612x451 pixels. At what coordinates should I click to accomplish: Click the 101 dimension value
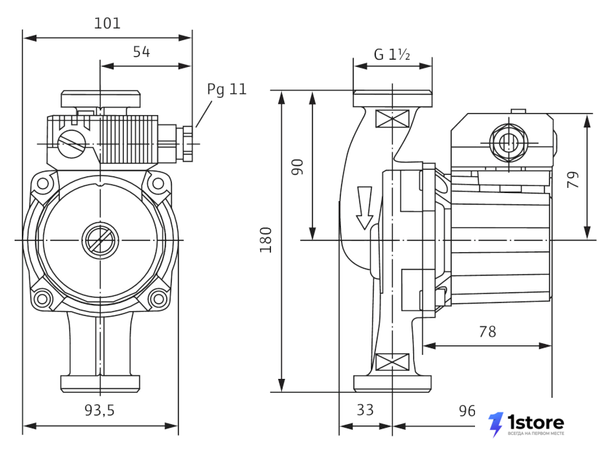pos(107,23)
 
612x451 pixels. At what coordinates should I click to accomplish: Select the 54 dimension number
pos(141,52)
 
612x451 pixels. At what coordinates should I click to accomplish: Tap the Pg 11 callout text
pos(227,90)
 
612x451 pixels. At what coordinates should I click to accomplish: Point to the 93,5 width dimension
pos(100,410)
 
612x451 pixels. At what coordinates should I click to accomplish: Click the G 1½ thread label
pos(392,54)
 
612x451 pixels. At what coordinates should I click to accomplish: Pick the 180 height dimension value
pos(266,240)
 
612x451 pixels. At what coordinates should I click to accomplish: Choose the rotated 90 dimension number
pos(297,167)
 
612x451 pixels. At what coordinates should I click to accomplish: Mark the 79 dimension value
pos(573,180)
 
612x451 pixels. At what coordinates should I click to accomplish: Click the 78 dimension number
pos(487,332)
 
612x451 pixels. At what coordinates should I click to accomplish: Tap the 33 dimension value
pos(365,410)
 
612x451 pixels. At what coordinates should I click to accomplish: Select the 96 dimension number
pos(467,411)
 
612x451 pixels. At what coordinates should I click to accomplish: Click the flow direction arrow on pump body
pos(364,208)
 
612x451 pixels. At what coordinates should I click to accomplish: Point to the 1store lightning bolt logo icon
pos(495,424)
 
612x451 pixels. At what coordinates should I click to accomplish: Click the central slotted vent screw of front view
pos(101,240)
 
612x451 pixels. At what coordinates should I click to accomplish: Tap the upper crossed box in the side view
pos(392,119)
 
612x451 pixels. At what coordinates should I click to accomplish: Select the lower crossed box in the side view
pos(392,362)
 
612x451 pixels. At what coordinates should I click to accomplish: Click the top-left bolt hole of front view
pos(42,183)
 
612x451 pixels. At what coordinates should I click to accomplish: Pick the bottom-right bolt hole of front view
pos(158,299)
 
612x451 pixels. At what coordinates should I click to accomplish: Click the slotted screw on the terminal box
pos(71,144)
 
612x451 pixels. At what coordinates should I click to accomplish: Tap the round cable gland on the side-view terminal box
pos(509,142)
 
